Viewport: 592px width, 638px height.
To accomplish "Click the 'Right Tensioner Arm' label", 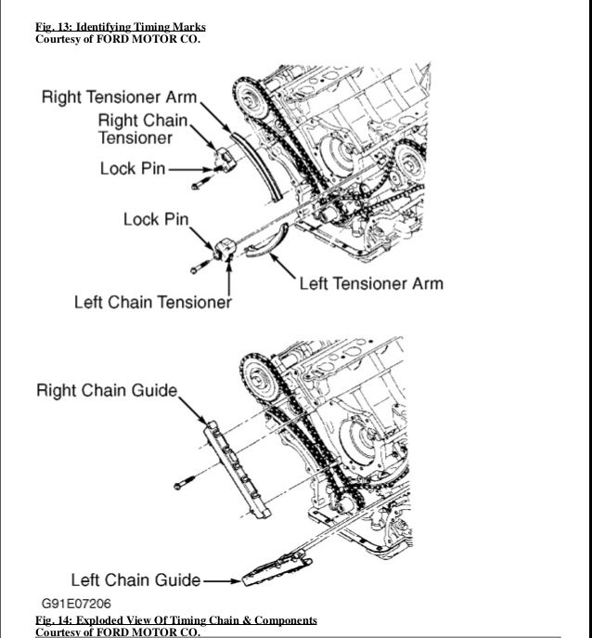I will pyautogui.click(x=119, y=99).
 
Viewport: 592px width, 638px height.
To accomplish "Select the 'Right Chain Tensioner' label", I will pyautogui.click(x=143, y=129).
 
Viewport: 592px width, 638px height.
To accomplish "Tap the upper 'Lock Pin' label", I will pyautogui.click(x=133, y=169).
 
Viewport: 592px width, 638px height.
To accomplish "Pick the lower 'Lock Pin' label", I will pyautogui.click(x=156, y=220).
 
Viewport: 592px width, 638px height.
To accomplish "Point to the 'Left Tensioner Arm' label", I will pyautogui.click(x=370, y=283).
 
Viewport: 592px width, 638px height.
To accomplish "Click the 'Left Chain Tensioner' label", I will pyautogui.click(x=153, y=303).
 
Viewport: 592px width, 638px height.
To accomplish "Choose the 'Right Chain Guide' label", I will pyautogui.click(x=106, y=390).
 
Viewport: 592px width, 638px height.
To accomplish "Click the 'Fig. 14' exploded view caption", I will pyautogui.click(x=175, y=619).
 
